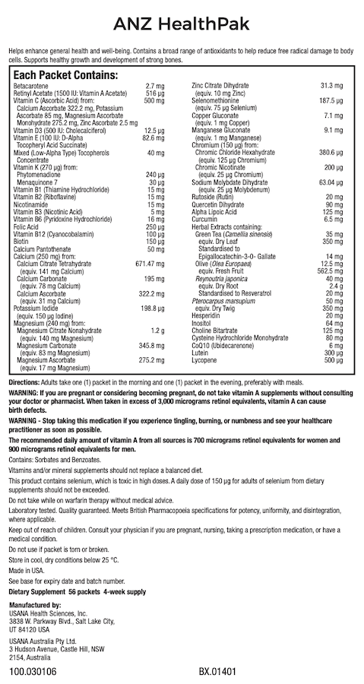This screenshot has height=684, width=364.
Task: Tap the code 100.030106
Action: click(x=33, y=673)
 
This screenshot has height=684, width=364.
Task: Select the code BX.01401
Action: click(x=218, y=673)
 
